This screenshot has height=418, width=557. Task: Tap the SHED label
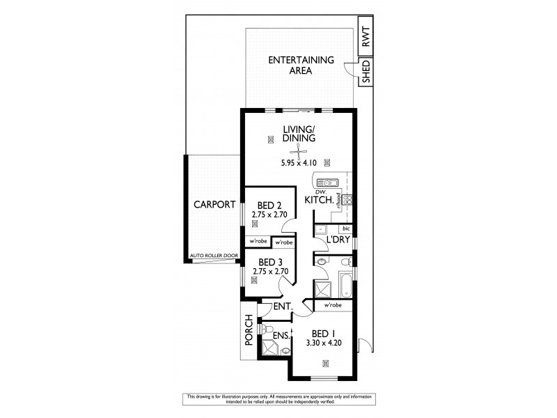click(x=366, y=71)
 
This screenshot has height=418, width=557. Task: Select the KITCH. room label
click(x=320, y=201)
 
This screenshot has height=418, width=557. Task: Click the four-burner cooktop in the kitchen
click(x=348, y=201)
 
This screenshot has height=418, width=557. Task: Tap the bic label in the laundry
click(x=345, y=228)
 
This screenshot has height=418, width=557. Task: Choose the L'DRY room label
click(x=329, y=240)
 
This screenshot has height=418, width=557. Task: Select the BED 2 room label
click(x=268, y=206)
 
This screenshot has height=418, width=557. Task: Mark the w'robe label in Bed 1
click(x=331, y=304)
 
